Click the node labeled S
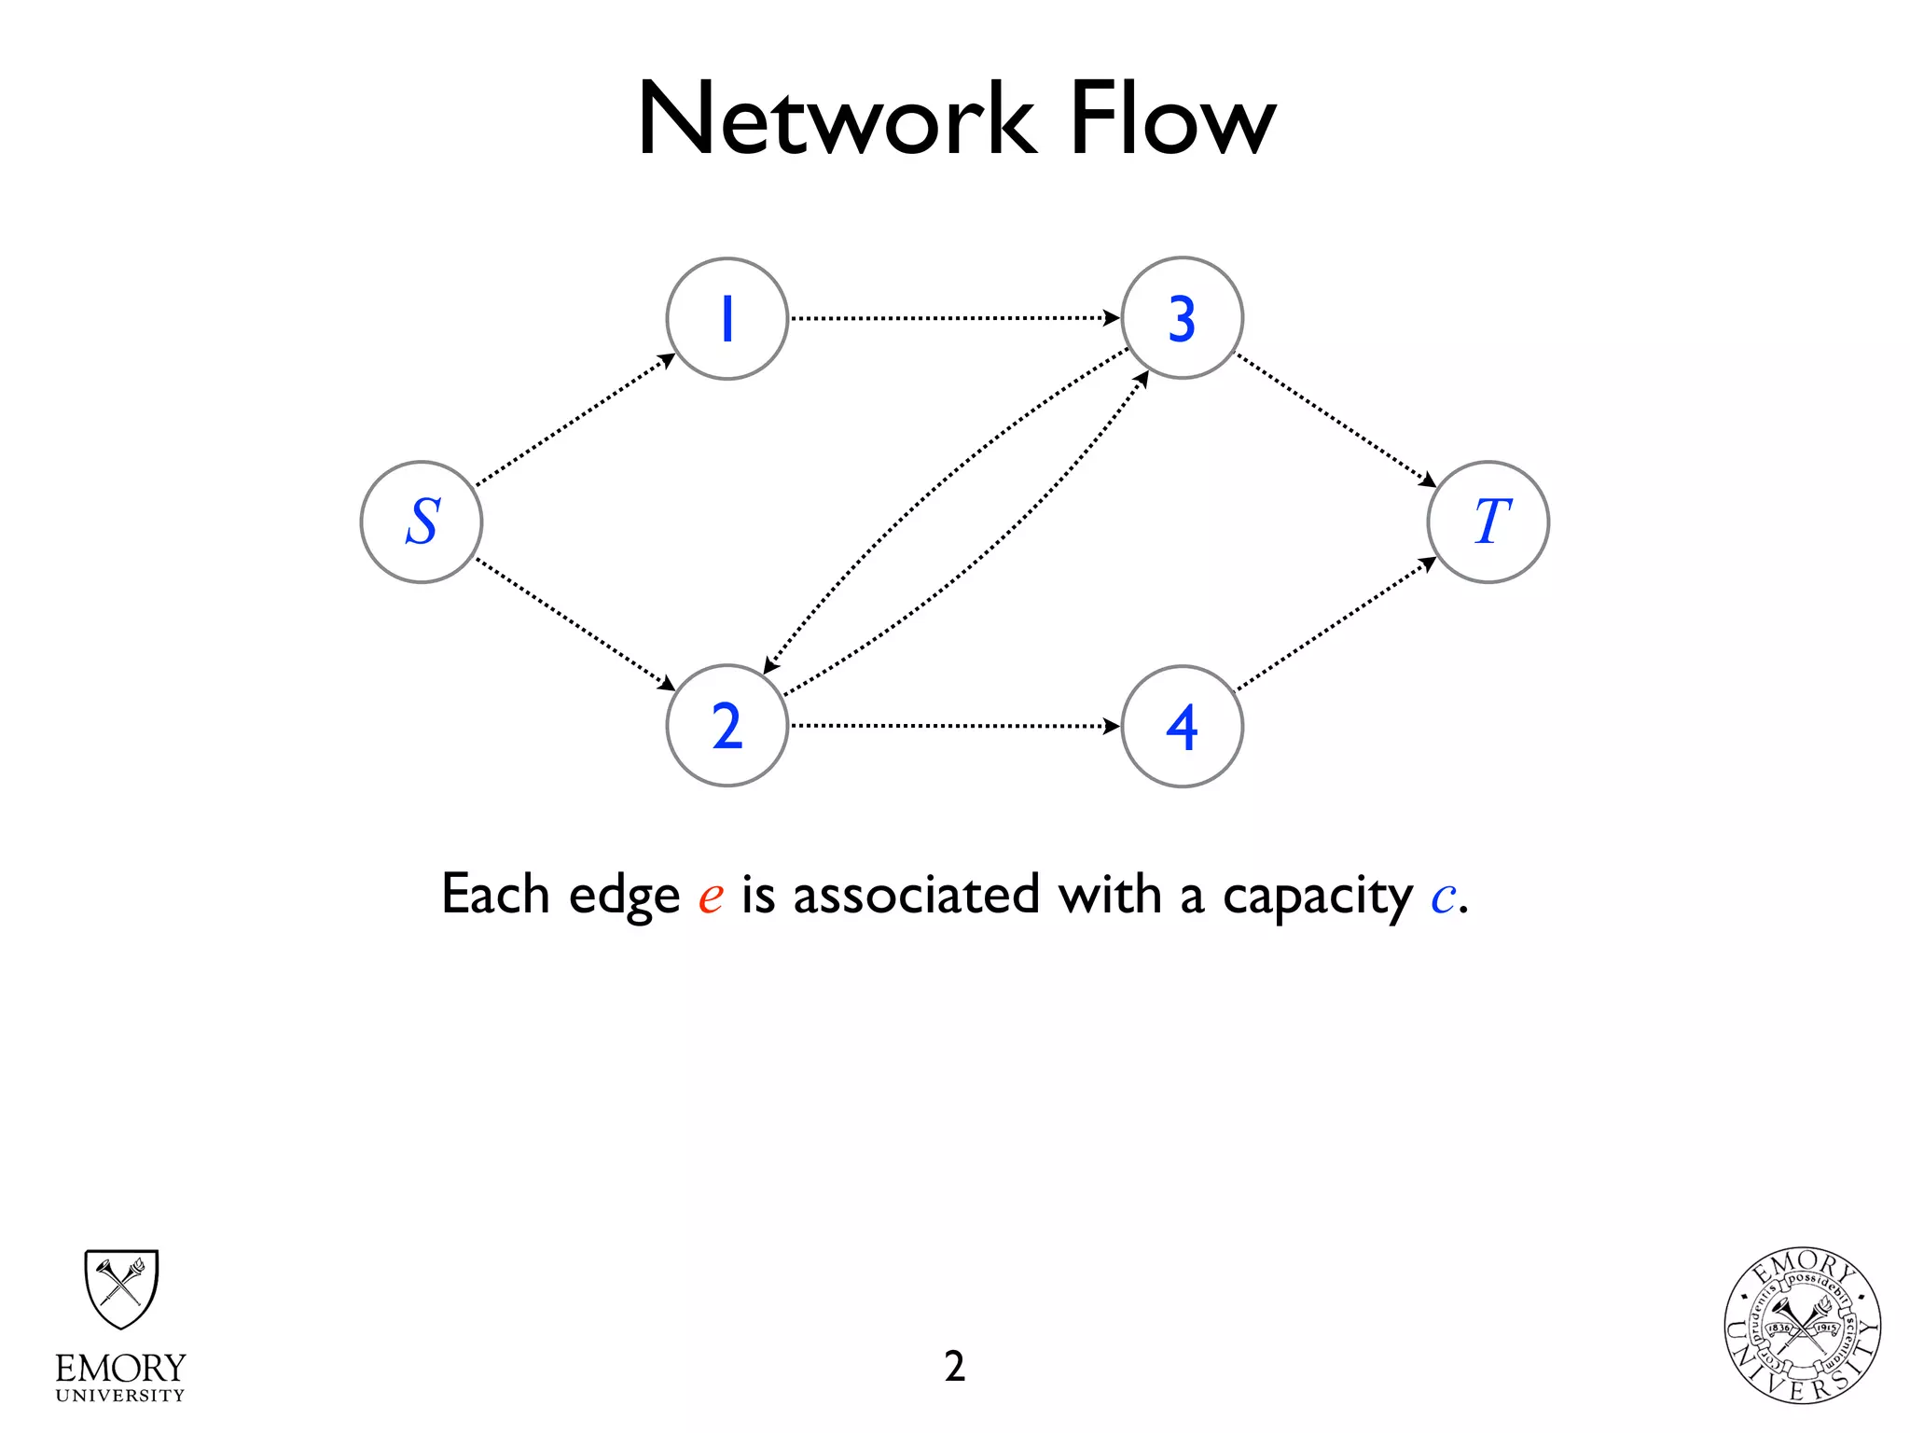point(422,522)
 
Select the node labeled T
point(1488,522)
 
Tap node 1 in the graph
point(727,319)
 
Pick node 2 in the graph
point(727,726)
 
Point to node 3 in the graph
point(1183,319)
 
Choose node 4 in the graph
point(1183,726)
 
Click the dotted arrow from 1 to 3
point(953,318)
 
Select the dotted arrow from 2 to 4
point(953,725)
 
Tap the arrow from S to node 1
point(574,420)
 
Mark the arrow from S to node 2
point(574,624)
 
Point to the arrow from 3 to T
point(1336,420)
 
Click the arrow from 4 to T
point(1336,624)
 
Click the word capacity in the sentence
point(1317,896)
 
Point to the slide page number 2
point(954,1366)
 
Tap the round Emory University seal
point(1802,1326)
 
